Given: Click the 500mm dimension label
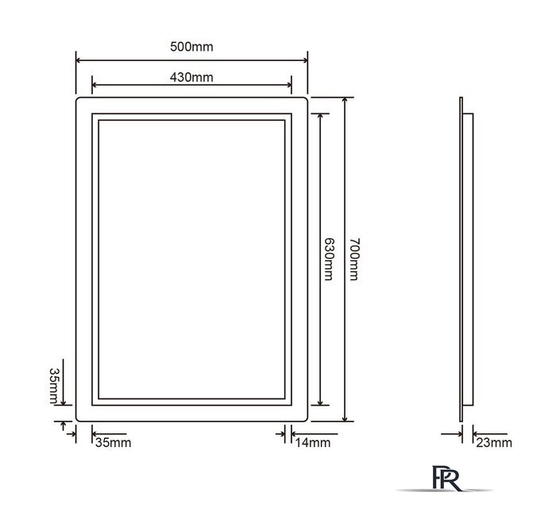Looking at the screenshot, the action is [x=191, y=47].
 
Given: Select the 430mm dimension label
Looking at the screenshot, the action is [x=191, y=77].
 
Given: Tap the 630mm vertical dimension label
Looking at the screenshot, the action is [x=329, y=259].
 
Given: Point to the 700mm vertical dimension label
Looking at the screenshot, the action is [x=354, y=259].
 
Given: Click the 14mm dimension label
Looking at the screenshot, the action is [x=313, y=442].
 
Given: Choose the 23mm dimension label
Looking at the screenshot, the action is [x=494, y=442].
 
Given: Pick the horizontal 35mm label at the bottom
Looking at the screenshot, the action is [x=113, y=442].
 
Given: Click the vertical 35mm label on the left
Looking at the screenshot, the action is [x=54, y=386].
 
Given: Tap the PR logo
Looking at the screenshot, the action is [x=446, y=479].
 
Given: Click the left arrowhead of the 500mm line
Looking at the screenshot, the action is [x=79, y=60].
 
